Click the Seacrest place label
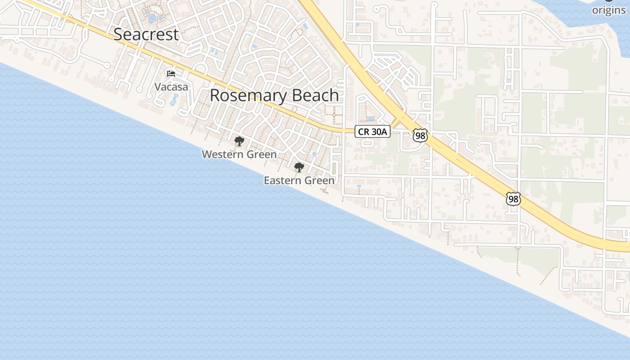click(x=146, y=35)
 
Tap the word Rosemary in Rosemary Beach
click(x=249, y=96)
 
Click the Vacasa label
click(x=171, y=87)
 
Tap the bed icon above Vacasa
click(x=171, y=73)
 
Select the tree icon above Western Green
click(x=239, y=141)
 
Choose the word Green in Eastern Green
click(x=319, y=180)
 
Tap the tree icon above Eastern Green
click(x=299, y=167)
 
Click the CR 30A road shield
click(x=373, y=131)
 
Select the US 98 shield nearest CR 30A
click(x=420, y=135)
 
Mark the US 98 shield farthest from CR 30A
click(x=513, y=198)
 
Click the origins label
click(x=609, y=10)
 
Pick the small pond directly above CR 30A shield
click(x=370, y=120)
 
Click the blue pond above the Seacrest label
click(x=153, y=18)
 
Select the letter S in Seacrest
click(x=118, y=35)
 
